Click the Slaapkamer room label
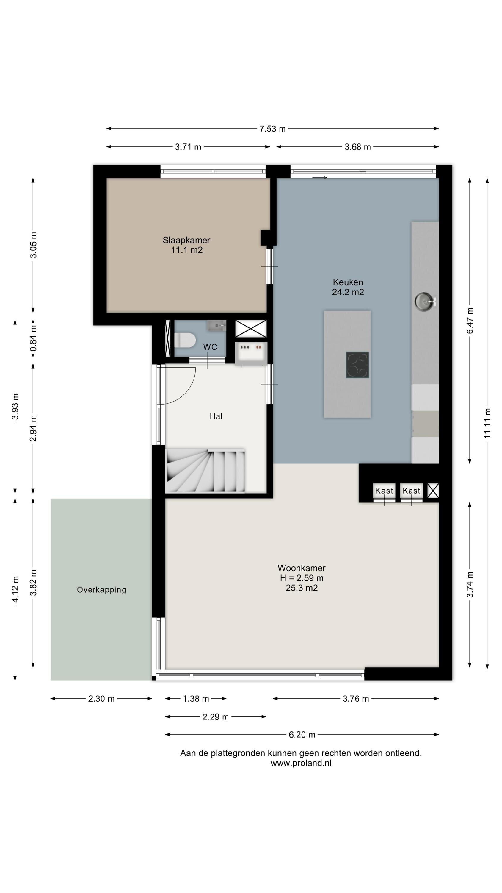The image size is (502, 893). coord(186,240)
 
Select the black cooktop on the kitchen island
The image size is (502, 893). coord(357,365)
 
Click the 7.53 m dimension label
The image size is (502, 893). coord(272,129)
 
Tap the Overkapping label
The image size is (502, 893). coord(101,590)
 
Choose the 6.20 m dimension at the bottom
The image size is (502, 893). coord(302,735)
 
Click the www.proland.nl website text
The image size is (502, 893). coord(301,763)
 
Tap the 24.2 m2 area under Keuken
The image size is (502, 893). coord(348,292)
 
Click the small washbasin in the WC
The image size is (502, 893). coord(217,325)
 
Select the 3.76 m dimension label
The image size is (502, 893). coord(356,699)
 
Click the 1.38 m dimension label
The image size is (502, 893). coord(196,699)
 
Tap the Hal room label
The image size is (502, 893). coord(216,416)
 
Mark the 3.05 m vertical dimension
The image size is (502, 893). coord(33,245)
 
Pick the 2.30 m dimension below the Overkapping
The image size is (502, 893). coord(101,699)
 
